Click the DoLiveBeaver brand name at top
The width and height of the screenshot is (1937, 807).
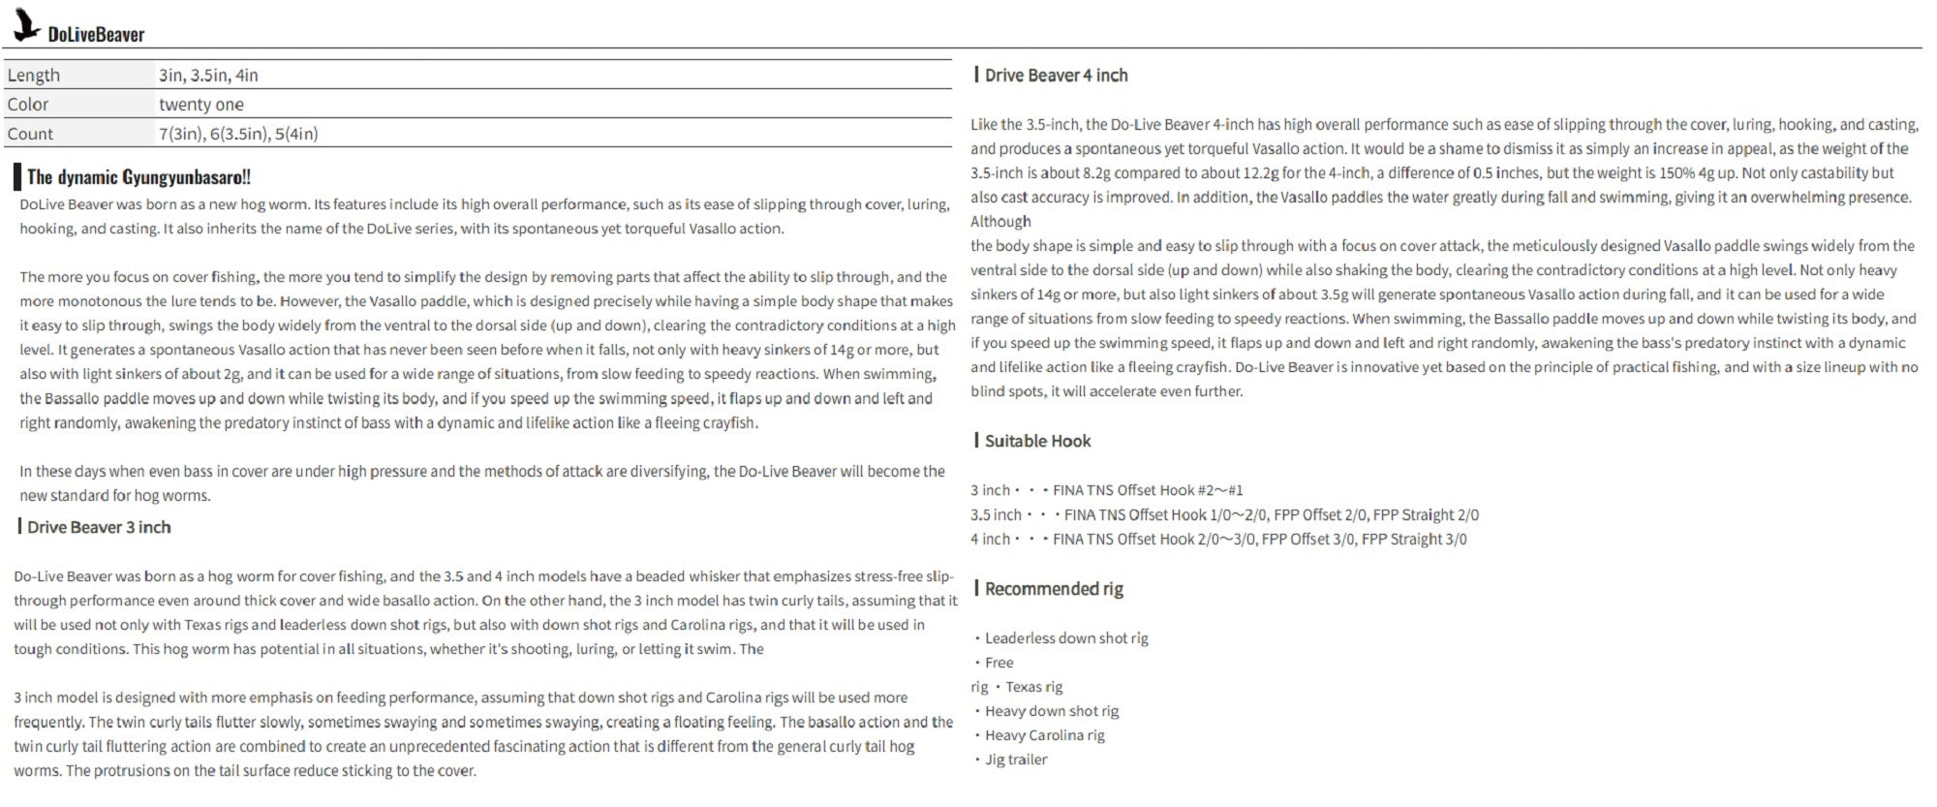click(x=96, y=35)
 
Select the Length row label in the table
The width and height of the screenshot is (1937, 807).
click(x=34, y=75)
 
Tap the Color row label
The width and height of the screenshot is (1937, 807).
click(x=28, y=104)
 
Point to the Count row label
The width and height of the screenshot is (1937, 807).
click(x=30, y=134)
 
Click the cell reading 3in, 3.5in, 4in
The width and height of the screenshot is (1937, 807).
click(x=208, y=75)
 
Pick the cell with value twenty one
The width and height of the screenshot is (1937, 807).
click(x=201, y=104)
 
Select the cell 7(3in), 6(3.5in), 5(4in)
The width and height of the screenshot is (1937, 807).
click(x=238, y=134)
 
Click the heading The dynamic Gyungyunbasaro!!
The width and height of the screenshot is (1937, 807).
click(x=138, y=176)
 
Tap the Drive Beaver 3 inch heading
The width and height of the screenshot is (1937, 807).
click(x=99, y=527)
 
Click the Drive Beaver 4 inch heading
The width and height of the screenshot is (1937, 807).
click(x=1056, y=76)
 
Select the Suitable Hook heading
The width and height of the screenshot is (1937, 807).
click(x=1037, y=441)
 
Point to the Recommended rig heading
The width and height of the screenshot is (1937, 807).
click(x=1054, y=589)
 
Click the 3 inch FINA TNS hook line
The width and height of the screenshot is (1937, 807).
click(x=1107, y=490)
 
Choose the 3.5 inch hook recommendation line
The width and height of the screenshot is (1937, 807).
click(x=1224, y=514)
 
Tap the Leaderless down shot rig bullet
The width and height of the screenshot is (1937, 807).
click(x=1065, y=638)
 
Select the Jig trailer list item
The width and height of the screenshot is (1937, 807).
click(x=1015, y=760)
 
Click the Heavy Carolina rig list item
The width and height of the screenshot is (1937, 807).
click(x=1044, y=735)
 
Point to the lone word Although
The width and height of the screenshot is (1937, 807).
click(x=1000, y=222)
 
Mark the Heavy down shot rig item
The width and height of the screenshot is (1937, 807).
click(x=1051, y=711)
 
